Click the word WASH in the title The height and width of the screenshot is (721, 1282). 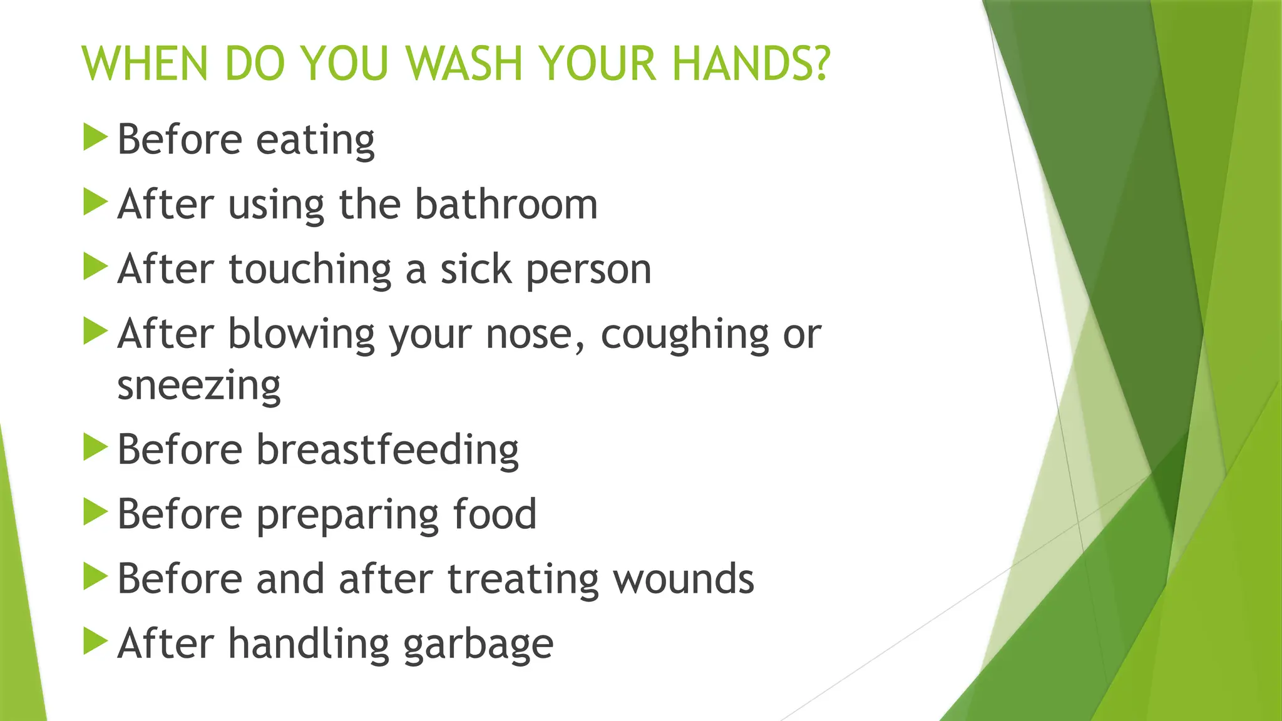463,64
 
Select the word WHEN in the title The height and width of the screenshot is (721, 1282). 145,64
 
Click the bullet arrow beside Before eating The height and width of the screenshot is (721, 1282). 95,137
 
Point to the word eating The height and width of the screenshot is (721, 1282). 315,140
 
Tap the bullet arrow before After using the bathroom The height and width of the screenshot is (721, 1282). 95,202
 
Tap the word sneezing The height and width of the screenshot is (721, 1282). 199,387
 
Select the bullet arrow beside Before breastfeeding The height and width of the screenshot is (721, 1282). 95,447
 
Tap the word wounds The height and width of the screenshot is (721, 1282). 684,579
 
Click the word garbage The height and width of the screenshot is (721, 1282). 478,645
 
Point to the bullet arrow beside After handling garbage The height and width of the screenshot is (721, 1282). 95,642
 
